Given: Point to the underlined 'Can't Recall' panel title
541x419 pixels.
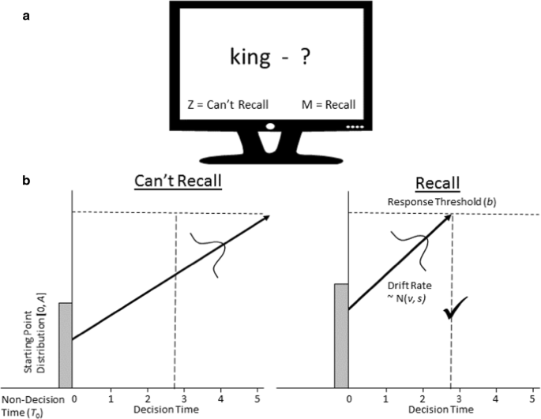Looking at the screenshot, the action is pos(178,181).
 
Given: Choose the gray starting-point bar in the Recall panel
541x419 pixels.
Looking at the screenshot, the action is pos(341,335).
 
